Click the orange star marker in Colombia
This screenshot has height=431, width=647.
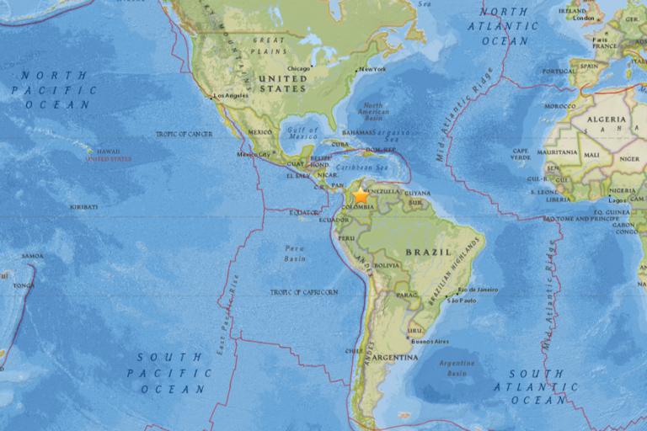coord(361,194)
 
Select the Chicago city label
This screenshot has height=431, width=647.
coord(298,69)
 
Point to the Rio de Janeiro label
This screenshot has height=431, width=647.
coord(478,290)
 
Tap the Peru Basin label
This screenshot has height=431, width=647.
coord(294,253)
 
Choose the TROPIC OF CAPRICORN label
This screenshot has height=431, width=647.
coord(303,291)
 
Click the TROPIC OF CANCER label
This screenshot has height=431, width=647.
coord(184,134)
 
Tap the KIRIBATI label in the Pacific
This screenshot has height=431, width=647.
coord(83,206)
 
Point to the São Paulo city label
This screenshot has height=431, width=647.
coord(463,301)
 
